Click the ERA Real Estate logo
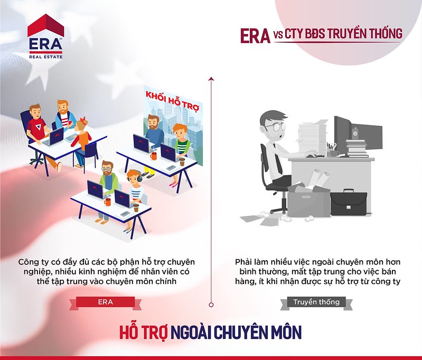(x=46, y=36)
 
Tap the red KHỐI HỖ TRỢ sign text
(x=172, y=101)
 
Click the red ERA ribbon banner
(x=105, y=302)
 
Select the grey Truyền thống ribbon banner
(x=316, y=302)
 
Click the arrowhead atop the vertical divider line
(x=211, y=79)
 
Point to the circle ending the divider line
(x=211, y=305)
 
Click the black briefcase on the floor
(x=348, y=202)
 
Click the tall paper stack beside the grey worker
(x=312, y=137)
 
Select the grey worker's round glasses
(x=275, y=127)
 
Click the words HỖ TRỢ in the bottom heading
(x=144, y=333)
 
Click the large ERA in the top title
(x=255, y=36)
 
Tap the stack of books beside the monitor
(x=357, y=148)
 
